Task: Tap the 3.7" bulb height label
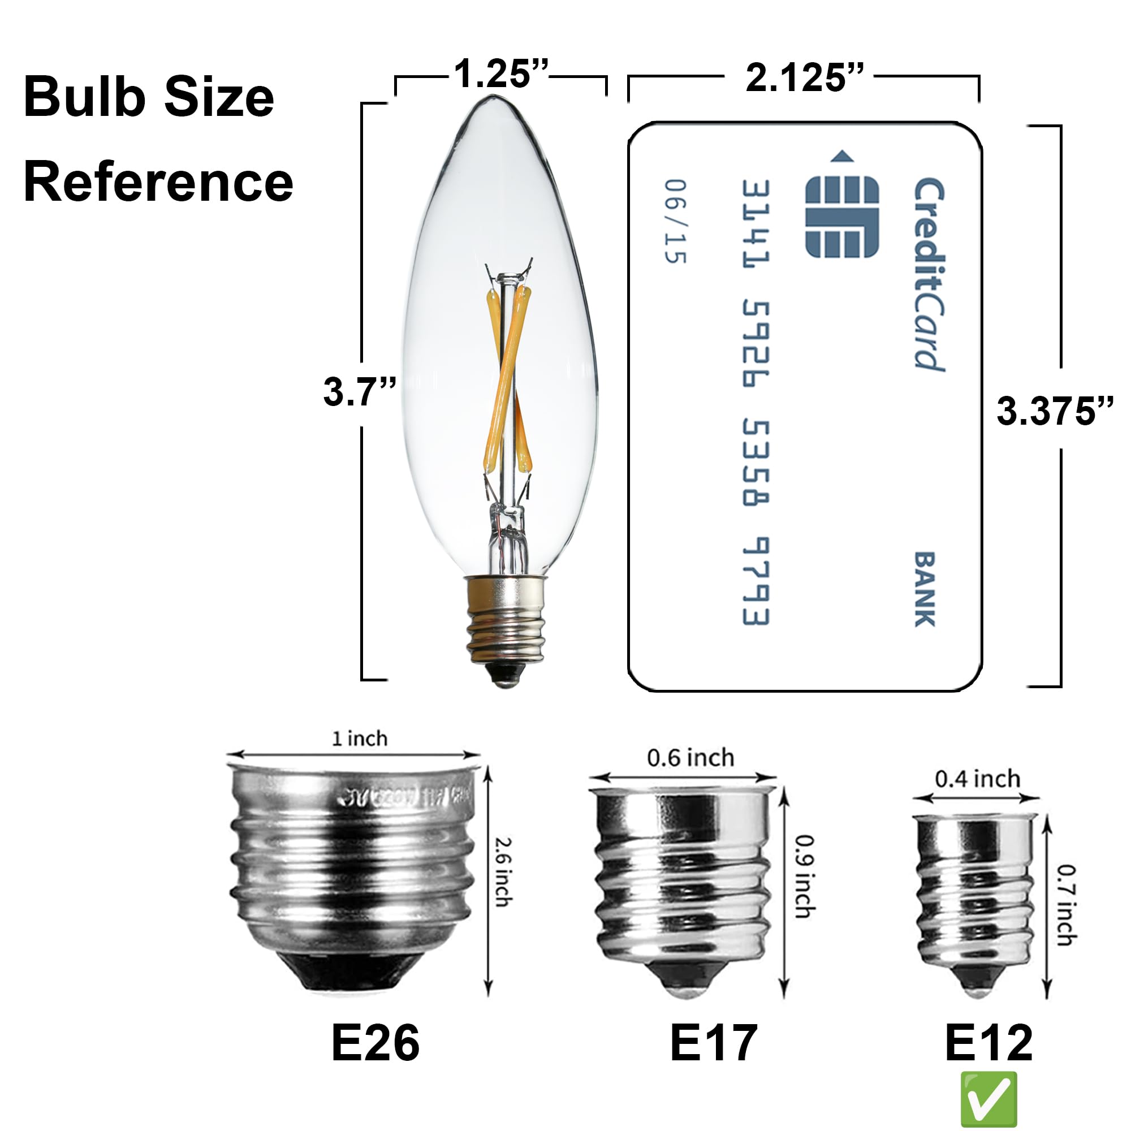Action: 360,391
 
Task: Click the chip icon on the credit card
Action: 842,217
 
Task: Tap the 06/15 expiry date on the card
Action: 676,221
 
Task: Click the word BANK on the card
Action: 925,589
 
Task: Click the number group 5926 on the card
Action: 756,344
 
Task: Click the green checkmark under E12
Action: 989,1099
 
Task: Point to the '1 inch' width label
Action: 360,738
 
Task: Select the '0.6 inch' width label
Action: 690,758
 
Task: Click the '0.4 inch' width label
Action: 978,779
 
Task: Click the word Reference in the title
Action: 158,182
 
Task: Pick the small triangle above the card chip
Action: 842,156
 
